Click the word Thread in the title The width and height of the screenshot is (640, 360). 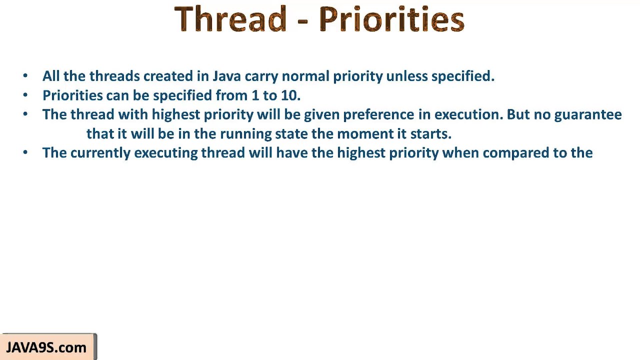[230, 19]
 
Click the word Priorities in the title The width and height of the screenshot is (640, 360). [391, 19]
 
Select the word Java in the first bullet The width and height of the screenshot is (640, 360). [226, 76]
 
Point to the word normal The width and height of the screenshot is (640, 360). [305, 76]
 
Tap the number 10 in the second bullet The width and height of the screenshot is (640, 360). [289, 95]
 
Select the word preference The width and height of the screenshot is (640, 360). [378, 114]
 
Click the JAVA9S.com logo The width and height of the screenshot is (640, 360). [46, 347]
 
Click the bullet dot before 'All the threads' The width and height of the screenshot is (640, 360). [25, 76]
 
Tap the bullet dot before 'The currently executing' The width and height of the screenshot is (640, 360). [25, 153]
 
